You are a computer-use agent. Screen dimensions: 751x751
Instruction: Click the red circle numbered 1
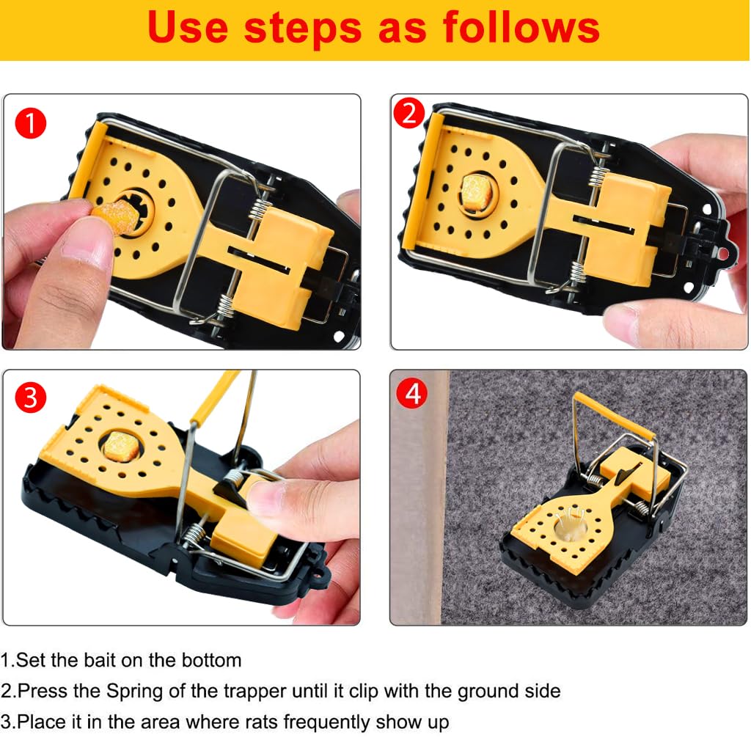click(x=31, y=123)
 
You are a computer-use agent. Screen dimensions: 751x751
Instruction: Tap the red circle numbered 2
click(x=409, y=114)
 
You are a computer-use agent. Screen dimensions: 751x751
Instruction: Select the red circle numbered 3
click(x=31, y=398)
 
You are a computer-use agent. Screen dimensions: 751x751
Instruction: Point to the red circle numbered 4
click(x=411, y=394)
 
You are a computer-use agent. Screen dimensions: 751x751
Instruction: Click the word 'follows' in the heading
click(x=521, y=28)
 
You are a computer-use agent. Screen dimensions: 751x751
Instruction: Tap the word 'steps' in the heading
click(x=303, y=28)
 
